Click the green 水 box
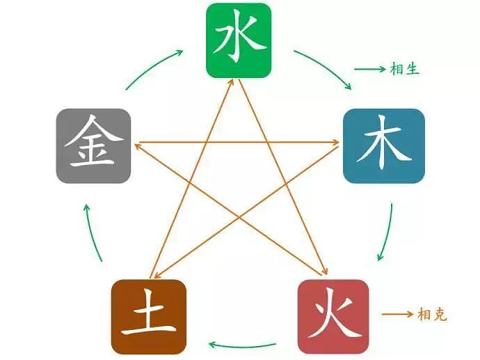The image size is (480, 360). (x=239, y=40)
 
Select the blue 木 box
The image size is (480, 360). (x=384, y=146)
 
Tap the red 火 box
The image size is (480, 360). (x=333, y=317)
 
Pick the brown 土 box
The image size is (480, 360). (x=149, y=317)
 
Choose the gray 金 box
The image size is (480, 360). (x=93, y=146)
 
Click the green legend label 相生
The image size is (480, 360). (x=404, y=69)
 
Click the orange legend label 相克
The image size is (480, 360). (x=432, y=314)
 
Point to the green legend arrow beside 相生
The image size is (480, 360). (x=370, y=69)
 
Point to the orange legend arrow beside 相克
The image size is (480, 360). (x=397, y=314)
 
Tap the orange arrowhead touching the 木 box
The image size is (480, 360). (x=335, y=142)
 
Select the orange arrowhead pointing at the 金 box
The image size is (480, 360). (x=138, y=146)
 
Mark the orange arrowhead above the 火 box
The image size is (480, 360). (x=325, y=272)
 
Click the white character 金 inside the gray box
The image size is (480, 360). (x=94, y=141)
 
